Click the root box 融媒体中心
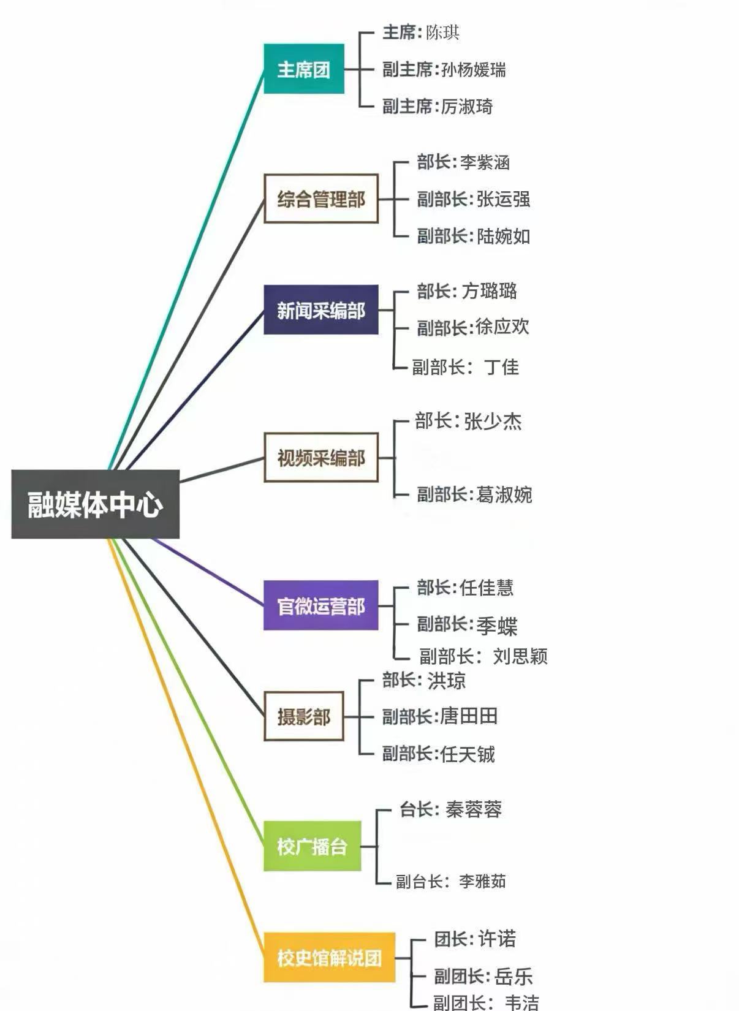95,504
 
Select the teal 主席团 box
304,69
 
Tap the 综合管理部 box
321,199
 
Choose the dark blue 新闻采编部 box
321,310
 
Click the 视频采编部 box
321,458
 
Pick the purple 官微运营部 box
321,606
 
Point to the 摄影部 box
304,716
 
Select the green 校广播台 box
313,847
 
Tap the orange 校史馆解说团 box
330,958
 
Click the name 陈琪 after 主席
442,32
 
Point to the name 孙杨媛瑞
474,70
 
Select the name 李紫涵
485,162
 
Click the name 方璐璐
490,290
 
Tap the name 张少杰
493,421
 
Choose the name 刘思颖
520,656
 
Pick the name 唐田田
469,716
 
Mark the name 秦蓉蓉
474,809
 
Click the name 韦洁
521,1002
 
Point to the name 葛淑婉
504,494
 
